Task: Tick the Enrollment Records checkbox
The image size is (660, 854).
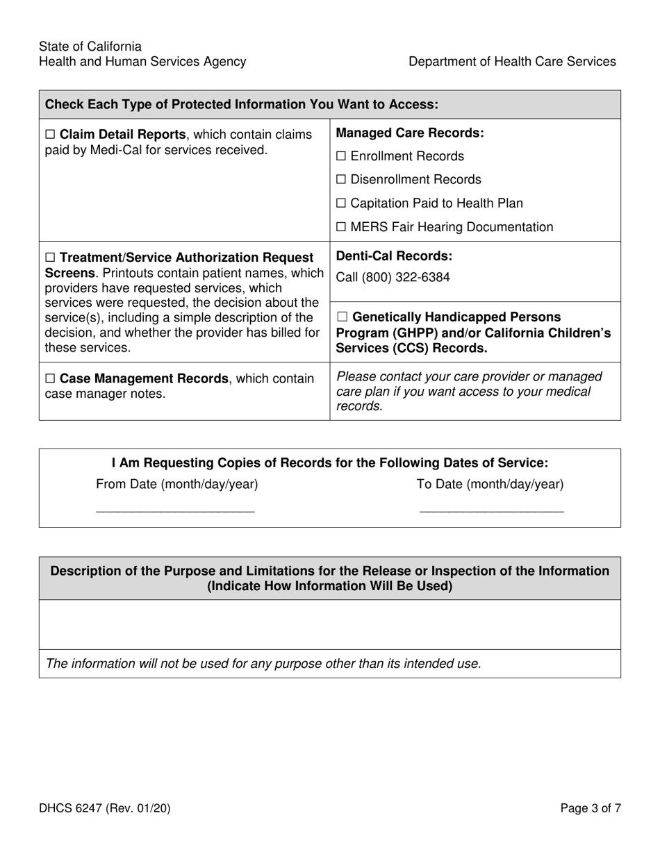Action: [x=341, y=157]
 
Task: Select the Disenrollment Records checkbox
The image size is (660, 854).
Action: [x=341, y=181]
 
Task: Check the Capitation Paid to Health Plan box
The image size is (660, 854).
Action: [x=341, y=204]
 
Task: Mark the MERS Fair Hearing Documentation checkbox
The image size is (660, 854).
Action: [x=341, y=228]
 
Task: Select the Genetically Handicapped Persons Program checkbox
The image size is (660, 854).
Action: [x=341, y=318]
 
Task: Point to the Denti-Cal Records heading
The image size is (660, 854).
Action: [x=394, y=256]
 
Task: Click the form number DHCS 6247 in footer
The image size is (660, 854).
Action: [x=104, y=808]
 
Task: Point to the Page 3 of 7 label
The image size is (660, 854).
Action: [x=591, y=808]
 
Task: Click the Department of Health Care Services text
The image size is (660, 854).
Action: [x=512, y=62]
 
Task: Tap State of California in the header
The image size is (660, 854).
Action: [x=90, y=47]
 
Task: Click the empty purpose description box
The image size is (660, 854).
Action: [x=330, y=624]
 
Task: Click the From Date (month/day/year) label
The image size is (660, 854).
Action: [x=176, y=485]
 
